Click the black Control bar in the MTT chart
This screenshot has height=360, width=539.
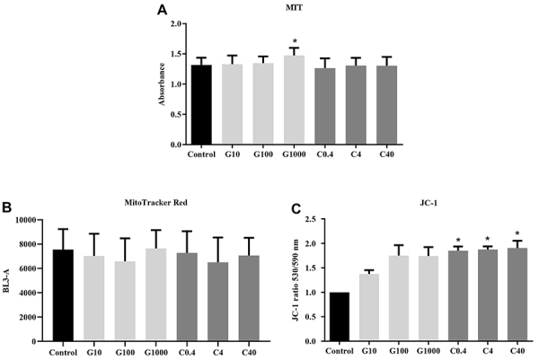pos(201,104)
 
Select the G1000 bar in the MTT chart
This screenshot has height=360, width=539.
pos(295,100)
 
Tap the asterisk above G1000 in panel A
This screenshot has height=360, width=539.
pos(295,41)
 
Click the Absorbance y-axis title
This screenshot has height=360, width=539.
pos(162,84)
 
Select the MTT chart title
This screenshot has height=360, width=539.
pos(295,7)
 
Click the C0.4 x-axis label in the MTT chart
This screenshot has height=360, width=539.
pos(324,154)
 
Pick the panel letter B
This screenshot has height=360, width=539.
pos(7,207)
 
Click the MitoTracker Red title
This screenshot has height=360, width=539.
pos(155,203)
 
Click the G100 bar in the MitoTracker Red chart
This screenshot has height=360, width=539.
pos(125,302)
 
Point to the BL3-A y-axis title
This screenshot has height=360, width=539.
pos(6,280)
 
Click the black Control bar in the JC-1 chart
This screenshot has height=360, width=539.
pos(340,317)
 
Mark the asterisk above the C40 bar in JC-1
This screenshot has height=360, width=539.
pos(517,234)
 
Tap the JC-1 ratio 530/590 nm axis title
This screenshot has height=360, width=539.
pos(296,280)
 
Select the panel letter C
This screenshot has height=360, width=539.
pos(296,209)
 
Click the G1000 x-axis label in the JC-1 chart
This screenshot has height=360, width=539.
pos(429,351)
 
